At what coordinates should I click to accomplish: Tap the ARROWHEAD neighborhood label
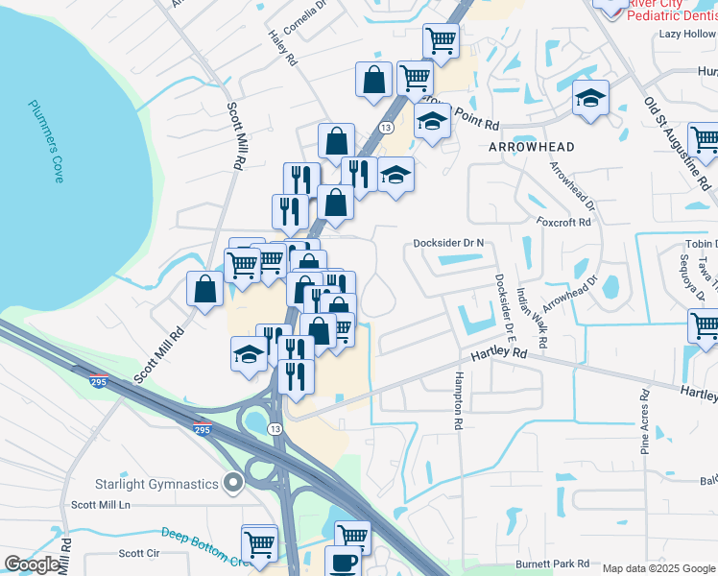pos(532,147)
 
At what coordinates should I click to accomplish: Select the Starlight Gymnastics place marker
pos(231,483)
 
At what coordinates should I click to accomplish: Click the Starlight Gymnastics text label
pos(156,484)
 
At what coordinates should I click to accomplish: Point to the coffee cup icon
pos(343,562)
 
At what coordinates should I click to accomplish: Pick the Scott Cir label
pos(139,553)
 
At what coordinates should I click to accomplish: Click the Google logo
pos(33,564)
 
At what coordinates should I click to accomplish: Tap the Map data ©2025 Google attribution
pos(659,568)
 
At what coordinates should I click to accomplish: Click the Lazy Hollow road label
pos(686,34)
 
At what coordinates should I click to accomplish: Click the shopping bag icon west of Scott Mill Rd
pos(205,287)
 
